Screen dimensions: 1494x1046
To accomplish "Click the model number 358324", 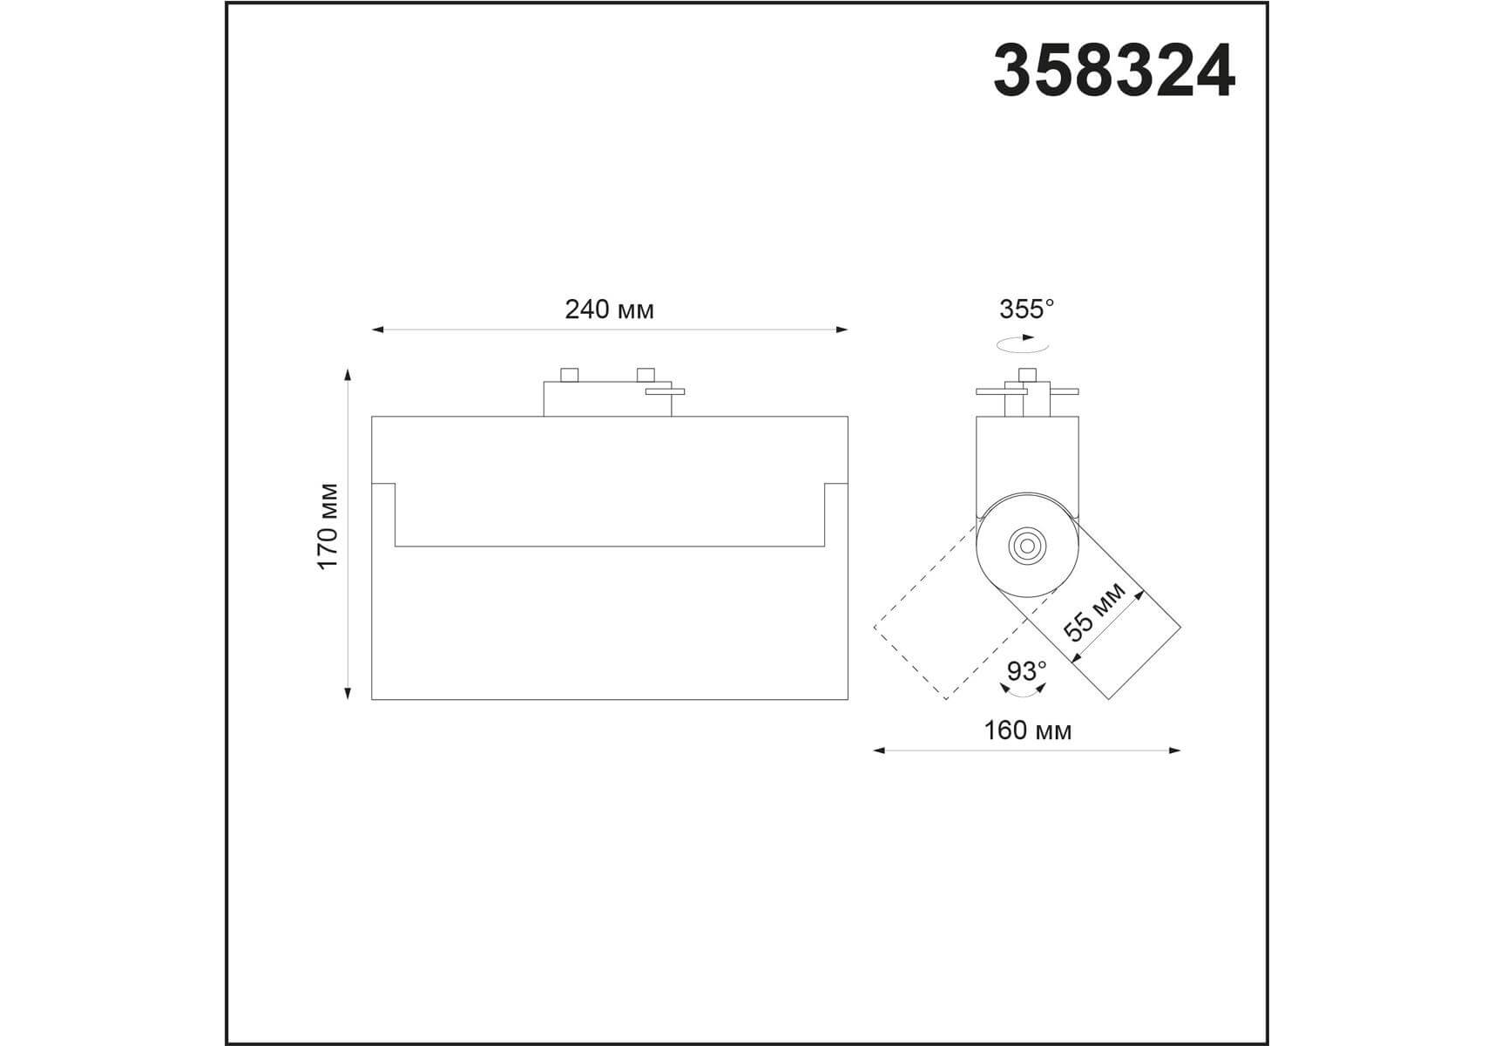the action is (x=1114, y=71).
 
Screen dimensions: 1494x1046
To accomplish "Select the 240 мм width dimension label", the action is (x=609, y=309).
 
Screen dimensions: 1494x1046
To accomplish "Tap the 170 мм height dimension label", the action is (x=328, y=526).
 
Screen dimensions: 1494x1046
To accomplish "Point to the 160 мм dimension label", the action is (x=1028, y=730).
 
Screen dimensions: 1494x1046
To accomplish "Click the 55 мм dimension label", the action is (x=1095, y=613).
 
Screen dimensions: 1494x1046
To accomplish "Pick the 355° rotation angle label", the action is (x=1026, y=309).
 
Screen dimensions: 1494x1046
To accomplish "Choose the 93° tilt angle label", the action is (x=1026, y=671).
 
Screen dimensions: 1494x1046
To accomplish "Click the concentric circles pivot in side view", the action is (x=1025, y=546).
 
